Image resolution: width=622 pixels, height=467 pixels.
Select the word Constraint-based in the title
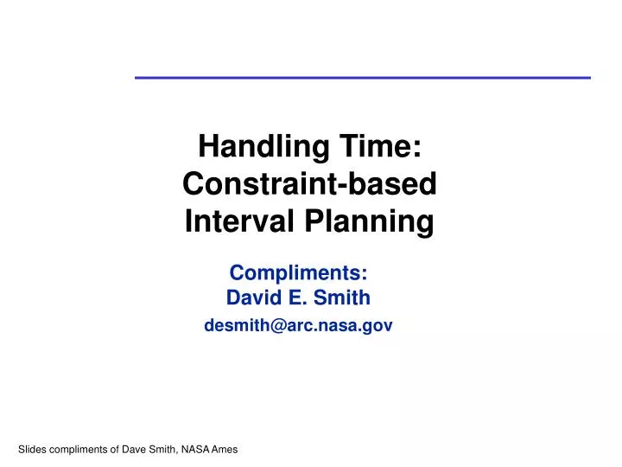pos(310,184)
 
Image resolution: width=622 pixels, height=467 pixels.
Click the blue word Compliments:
pos(299,272)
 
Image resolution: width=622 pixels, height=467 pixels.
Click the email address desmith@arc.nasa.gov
pos(298,326)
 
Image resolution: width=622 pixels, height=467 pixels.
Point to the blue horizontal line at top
pos(363,78)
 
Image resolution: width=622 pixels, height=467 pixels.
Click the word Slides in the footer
pos(32,450)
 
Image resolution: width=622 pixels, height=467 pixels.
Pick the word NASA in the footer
pos(205,450)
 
